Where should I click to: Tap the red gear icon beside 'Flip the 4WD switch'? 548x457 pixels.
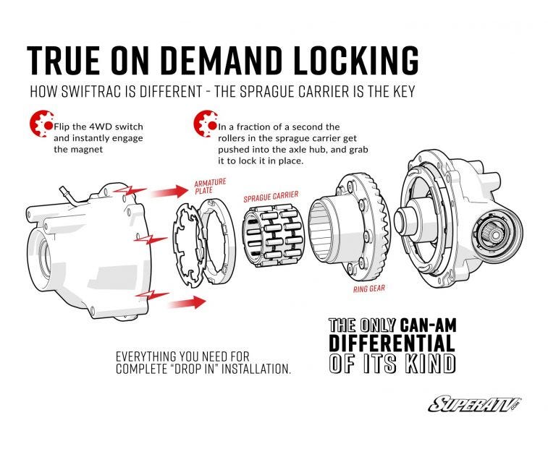40,124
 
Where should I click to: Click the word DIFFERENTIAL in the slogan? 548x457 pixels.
392,343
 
